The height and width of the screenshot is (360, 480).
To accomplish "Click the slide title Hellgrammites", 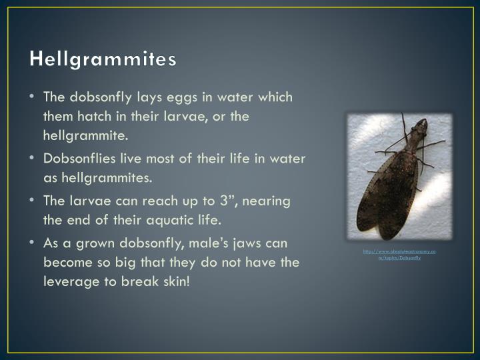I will pyautogui.click(x=103, y=59).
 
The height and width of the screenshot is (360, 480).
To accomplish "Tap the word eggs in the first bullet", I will pyautogui.click(x=176, y=97).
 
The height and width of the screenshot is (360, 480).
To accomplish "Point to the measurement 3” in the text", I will pyautogui.click(x=256, y=200).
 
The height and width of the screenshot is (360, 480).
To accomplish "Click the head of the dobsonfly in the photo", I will pyautogui.click(x=419, y=125).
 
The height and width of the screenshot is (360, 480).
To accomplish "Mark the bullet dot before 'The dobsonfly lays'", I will pyautogui.click(x=33, y=97).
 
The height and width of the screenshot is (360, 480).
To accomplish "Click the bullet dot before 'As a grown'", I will pyautogui.click(x=33, y=243).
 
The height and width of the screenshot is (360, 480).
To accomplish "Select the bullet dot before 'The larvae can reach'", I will pyautogui.click(x=33, y=201).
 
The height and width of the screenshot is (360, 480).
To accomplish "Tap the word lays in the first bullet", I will pyautogui.click(x=140, y=97).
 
